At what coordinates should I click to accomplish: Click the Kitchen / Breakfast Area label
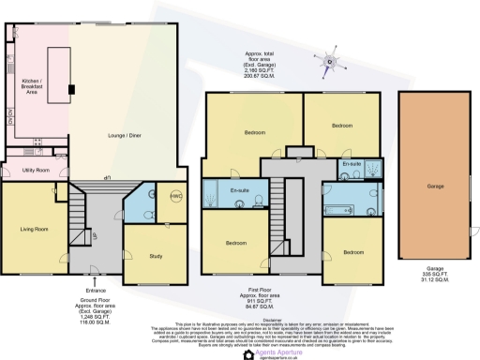[32, 87]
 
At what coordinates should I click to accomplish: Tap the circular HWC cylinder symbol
[176, 196]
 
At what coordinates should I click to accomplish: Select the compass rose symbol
[329, 62]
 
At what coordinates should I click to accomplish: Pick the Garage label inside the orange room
[434, 186]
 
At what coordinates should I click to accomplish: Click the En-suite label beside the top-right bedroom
[352, 164]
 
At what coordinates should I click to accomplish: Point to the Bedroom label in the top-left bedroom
[254, 133]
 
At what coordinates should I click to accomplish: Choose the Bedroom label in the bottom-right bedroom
[352, 252]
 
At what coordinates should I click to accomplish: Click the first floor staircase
[279, 202]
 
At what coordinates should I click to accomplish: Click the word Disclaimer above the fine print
[240, 320]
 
